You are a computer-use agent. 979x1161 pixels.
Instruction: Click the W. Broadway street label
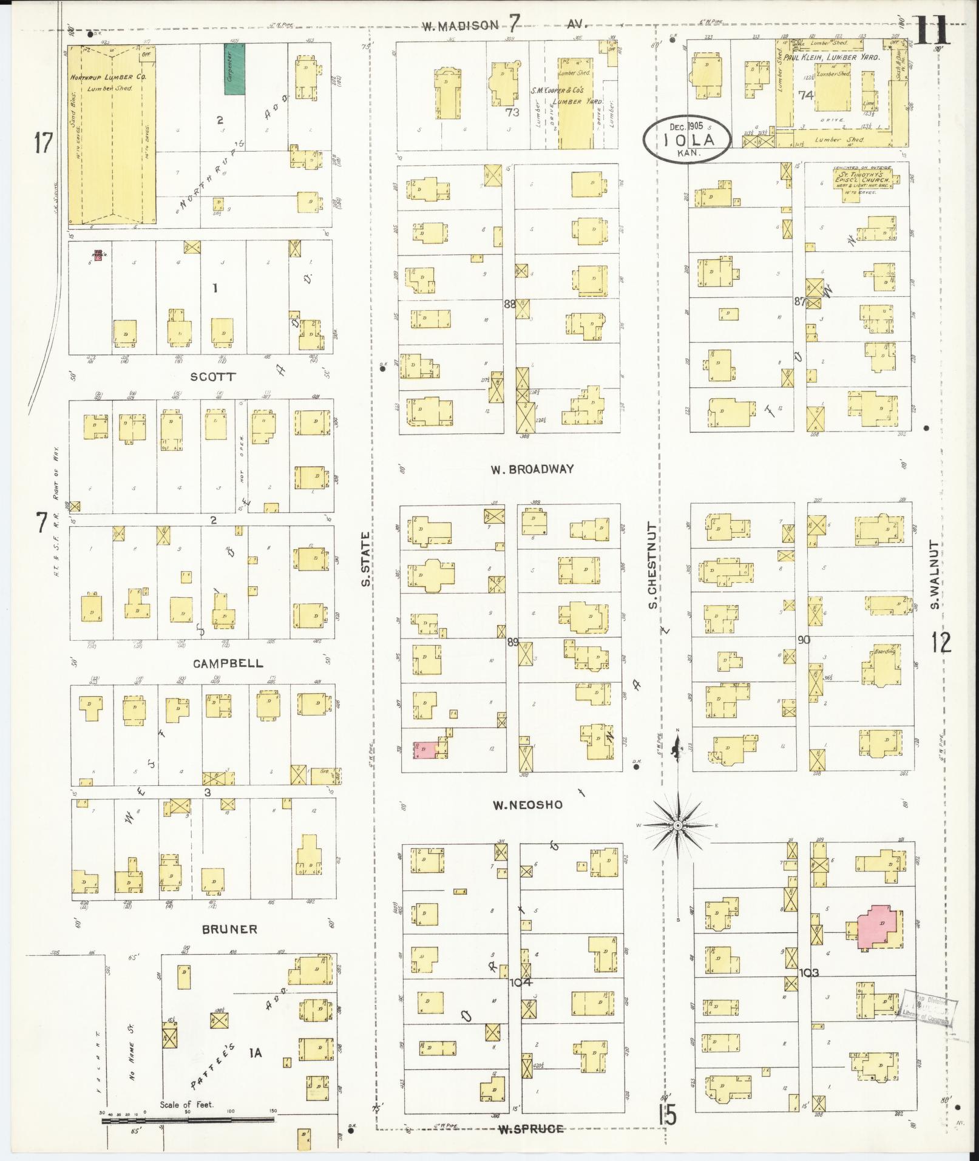pyautogui.click(x=532, y=469)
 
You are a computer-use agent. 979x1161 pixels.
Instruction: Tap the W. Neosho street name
pyautogui.click(x=527, y=805)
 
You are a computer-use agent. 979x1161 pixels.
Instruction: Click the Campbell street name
pyautogui.click(x=228, y=663)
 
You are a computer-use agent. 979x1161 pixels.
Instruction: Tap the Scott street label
pyautogui.click(x=212, y=376)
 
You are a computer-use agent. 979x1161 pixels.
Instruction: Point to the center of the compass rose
pyautogui.click(x=678, y=826)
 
